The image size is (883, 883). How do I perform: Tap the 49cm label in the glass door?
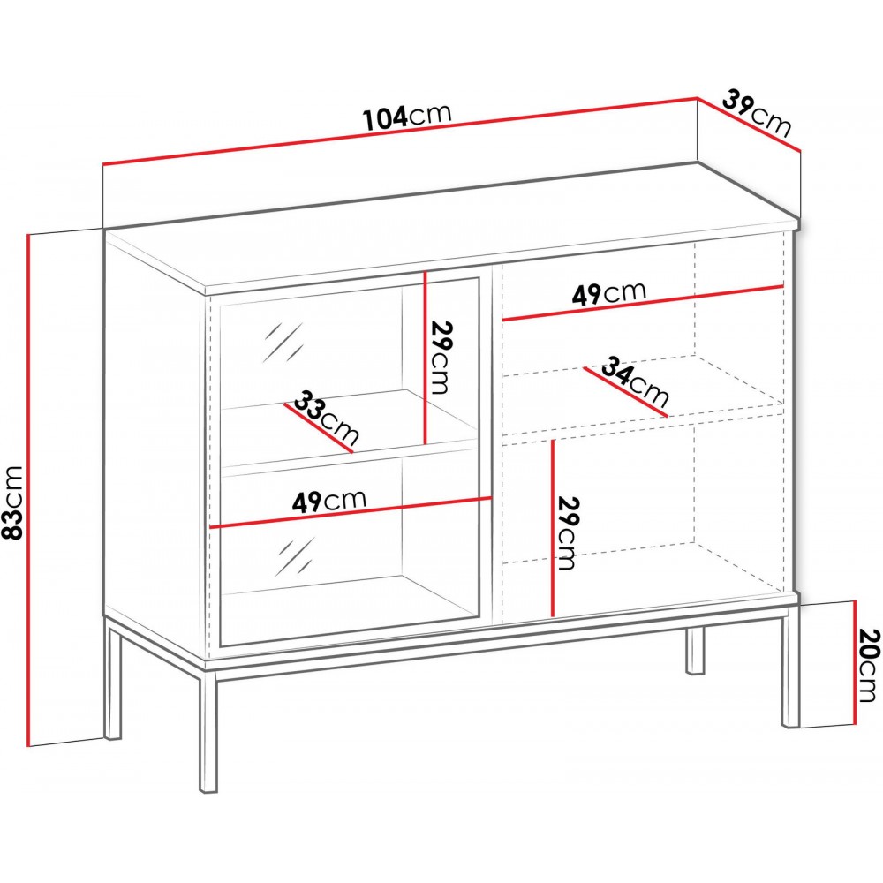[328, 501]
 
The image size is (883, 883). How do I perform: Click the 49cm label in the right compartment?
[609, 293]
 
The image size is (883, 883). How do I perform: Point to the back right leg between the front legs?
[696, 649]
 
